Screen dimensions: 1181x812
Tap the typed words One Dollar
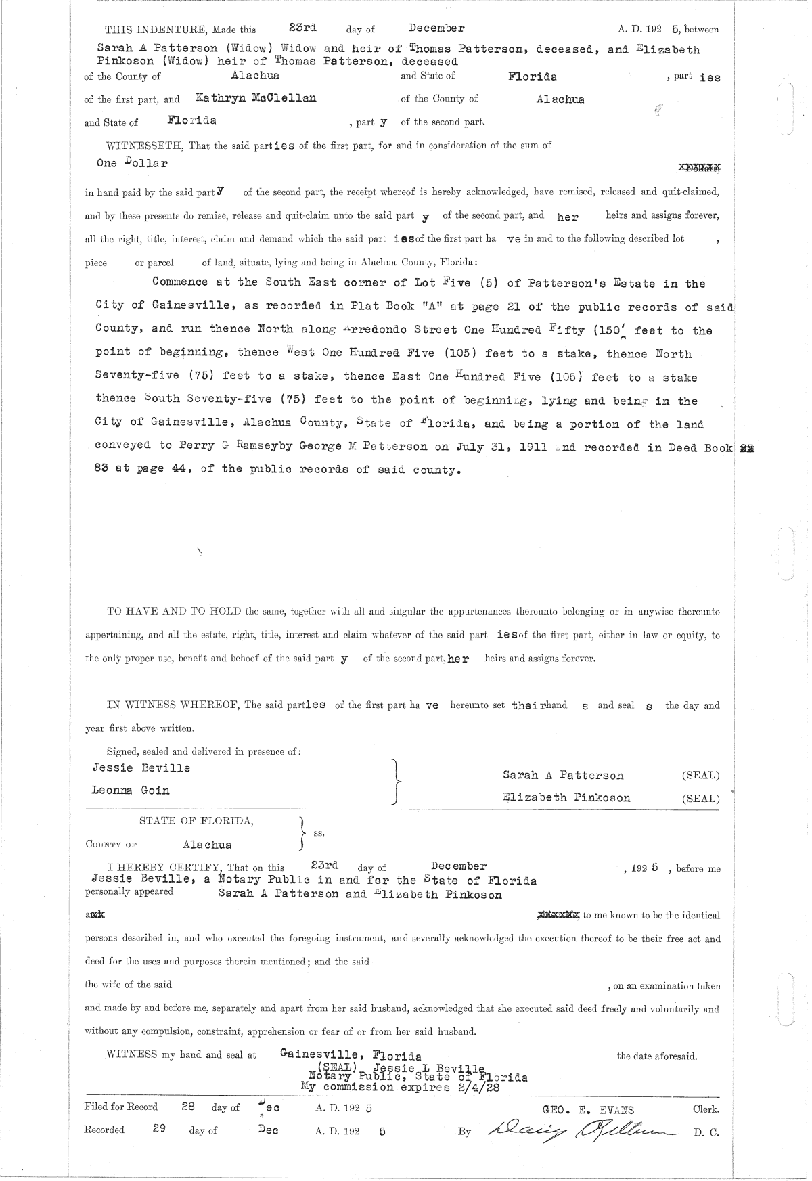[x=133, y=164]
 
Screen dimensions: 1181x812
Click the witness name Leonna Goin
[x=131, y=790]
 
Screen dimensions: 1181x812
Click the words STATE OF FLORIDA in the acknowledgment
[x=196, y=821]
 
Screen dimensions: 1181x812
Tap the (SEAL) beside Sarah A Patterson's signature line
[x=700, y=776]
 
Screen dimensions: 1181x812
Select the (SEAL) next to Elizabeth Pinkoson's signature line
[x=700, y=799]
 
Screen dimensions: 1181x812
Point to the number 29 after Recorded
[x=159, y=1129]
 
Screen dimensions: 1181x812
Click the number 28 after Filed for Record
[x=188, y=1107]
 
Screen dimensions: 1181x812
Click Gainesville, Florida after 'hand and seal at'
[x=351, y=1056]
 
